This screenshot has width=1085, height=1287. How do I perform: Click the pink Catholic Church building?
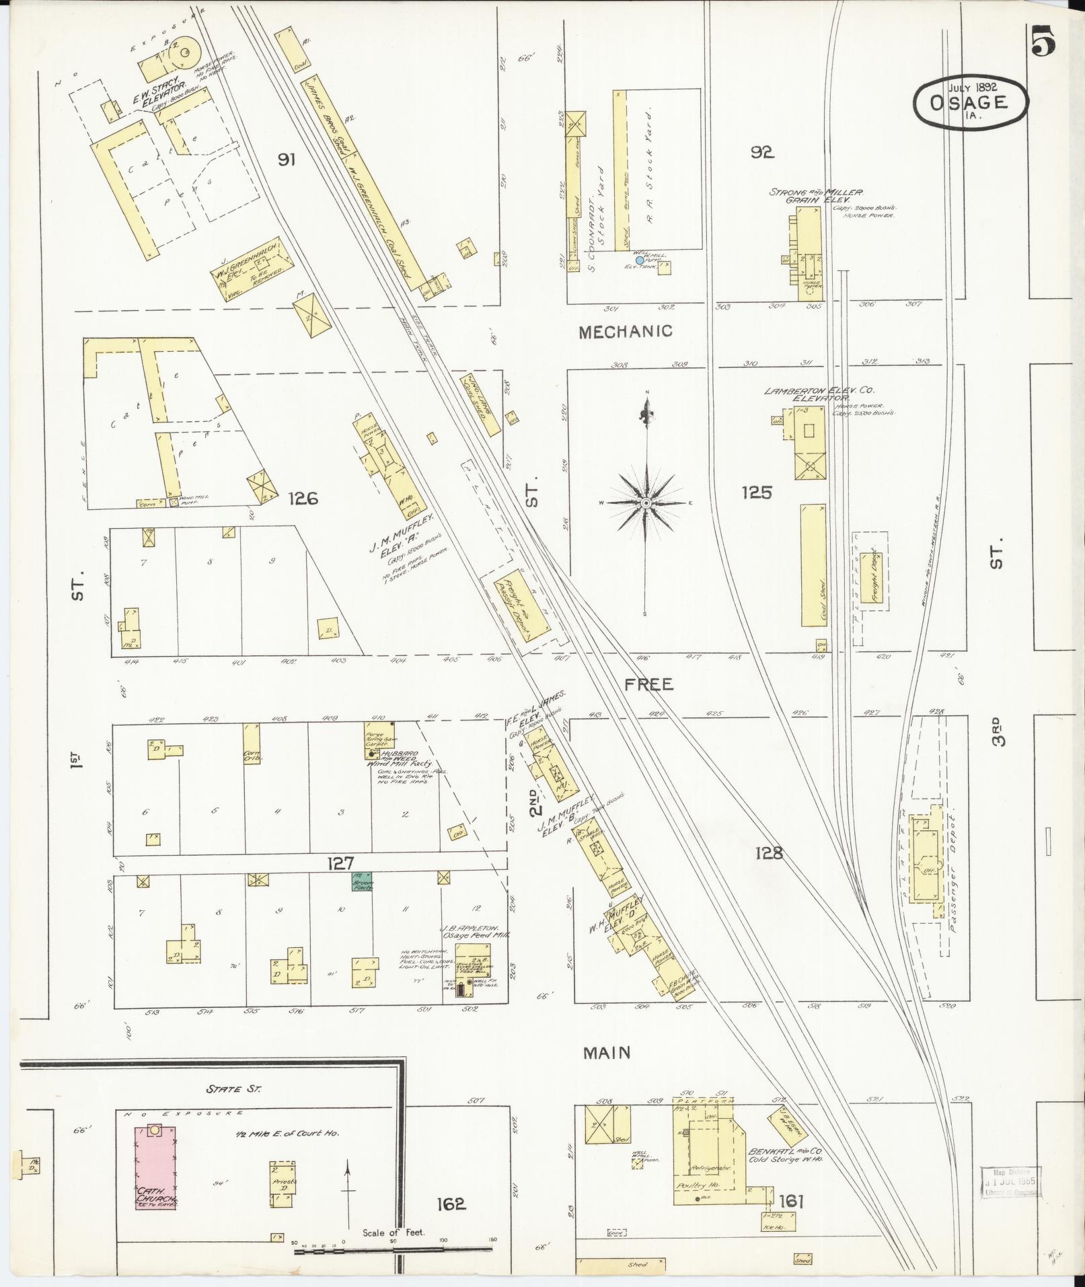point(155,1167)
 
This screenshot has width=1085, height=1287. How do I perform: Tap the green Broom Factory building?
point(363,881)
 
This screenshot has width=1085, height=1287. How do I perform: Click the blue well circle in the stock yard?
point(640,260)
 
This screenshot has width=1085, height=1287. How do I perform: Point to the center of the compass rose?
point(646,503)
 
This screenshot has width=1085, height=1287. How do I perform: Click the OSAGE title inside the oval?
point(970,102)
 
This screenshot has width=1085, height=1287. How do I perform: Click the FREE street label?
point(648,684)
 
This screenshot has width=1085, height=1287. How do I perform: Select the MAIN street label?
point(606,1052)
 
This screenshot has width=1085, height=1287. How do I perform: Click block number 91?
point(287,159)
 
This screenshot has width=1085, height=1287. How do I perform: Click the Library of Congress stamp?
point(1011,1181)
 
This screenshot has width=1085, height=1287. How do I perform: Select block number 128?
point(769,853)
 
